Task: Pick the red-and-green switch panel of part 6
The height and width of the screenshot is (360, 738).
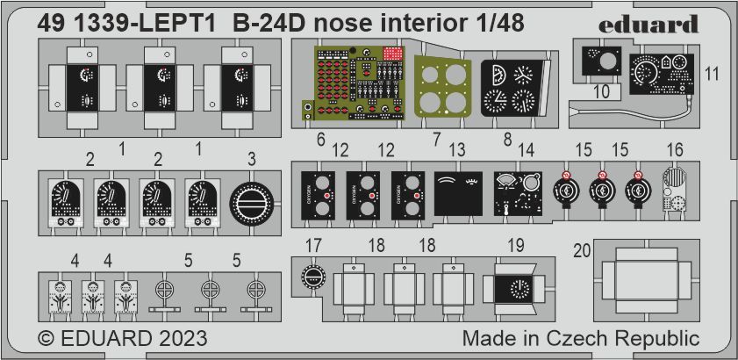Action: (x=351, y=83)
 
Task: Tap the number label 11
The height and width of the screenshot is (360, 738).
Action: (x=712, y=75)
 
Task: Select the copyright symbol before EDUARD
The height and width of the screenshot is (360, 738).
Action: (x=49, y=338)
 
